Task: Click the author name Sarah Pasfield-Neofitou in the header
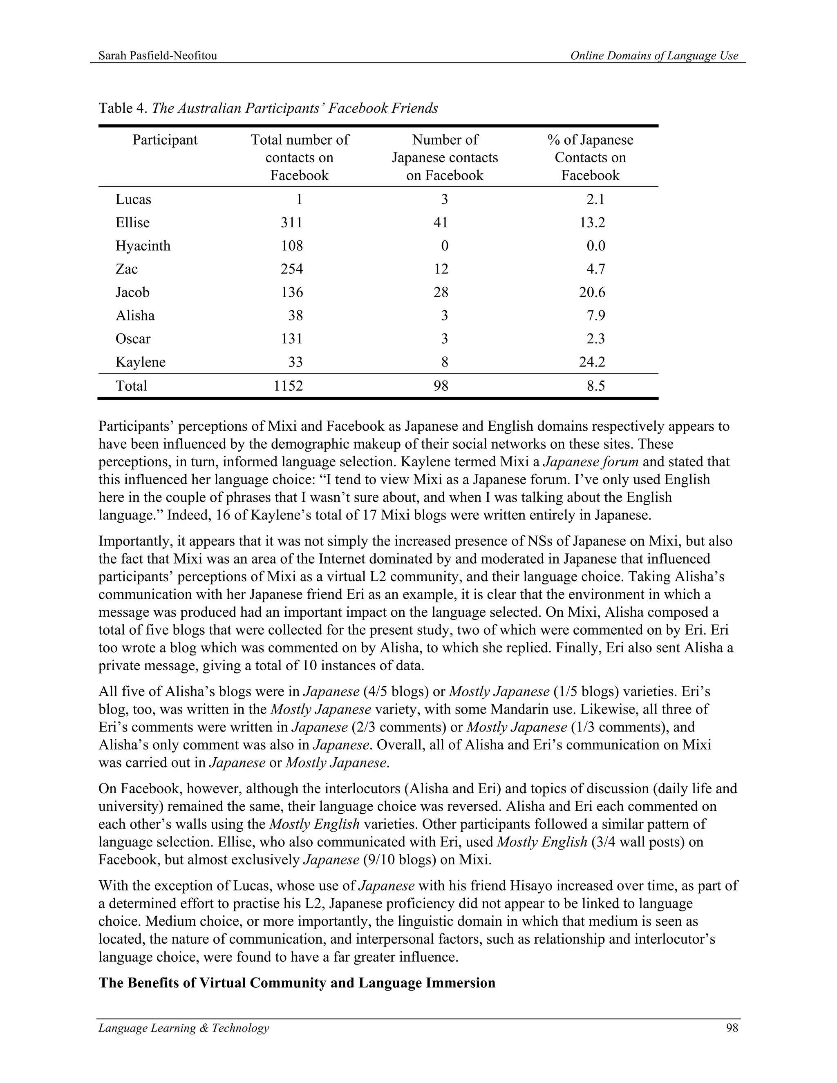(x=158, y=56)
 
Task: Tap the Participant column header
(x=165, y=140)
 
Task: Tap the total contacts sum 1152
(x=288, y=386)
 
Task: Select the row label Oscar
(x=133, y=339)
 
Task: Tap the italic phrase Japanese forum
(x=591, y=462)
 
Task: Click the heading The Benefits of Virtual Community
(x=297, y=983)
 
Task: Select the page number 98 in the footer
(x=732, y=1028)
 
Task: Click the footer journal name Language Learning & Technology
(x=184, y=1028)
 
